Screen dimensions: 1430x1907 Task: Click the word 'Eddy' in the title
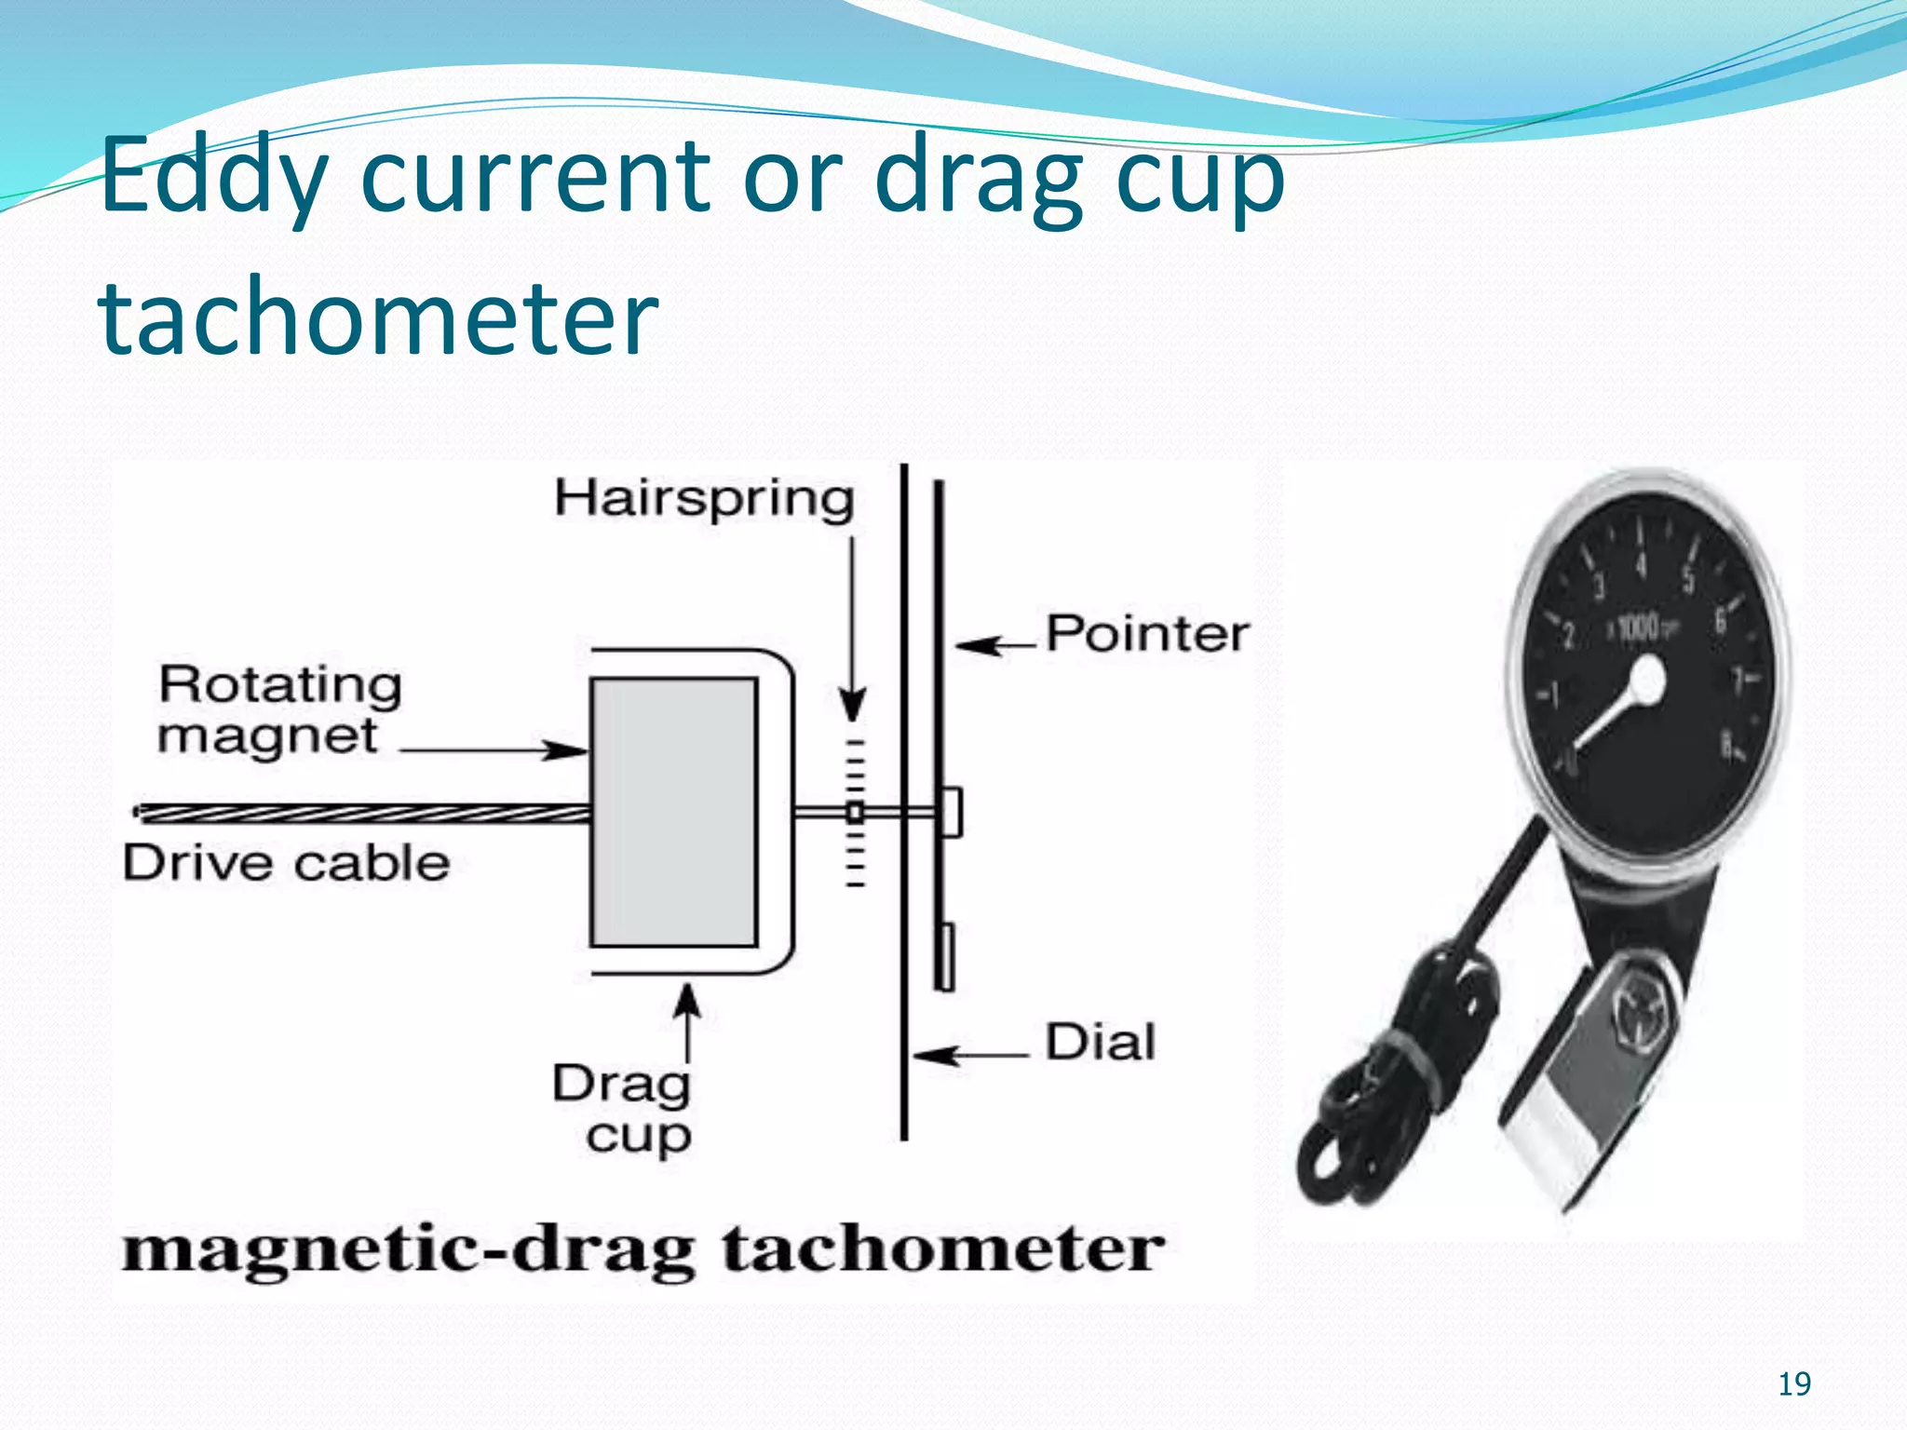[x=212, y=177]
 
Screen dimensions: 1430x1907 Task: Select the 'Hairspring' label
[x=704, y=498]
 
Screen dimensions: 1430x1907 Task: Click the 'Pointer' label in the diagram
[x=1147, y=635]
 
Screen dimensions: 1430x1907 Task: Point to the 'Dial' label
[x=1100, y=1043]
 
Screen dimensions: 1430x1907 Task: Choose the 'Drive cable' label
[x=286, y=863]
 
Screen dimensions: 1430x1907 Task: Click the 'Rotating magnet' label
[x=279, y=709]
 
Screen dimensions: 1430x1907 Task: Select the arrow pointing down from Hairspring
[x=852, y=633]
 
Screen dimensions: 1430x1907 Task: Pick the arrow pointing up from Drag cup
[x=687, y=1024]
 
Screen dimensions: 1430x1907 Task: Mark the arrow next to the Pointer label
[x=994, y=644]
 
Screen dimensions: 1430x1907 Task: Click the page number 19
[x=1794, y=1384]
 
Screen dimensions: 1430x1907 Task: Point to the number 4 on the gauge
[x=1641, y=564]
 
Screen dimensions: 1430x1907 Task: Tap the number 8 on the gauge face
[x=1726, y=745]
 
